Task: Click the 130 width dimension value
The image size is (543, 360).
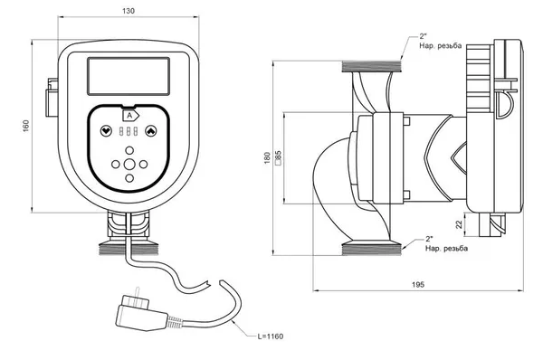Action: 129,11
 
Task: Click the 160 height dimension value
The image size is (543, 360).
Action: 26,126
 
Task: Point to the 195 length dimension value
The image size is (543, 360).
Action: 418,285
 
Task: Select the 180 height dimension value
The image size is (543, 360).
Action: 267,158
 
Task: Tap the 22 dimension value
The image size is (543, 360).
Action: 459,224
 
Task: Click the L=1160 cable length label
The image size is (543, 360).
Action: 271,336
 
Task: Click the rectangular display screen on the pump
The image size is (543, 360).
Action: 129,76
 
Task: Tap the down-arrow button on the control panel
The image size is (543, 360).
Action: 106,131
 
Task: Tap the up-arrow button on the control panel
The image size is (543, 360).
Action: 150,131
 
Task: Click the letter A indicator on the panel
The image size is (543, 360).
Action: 129,116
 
